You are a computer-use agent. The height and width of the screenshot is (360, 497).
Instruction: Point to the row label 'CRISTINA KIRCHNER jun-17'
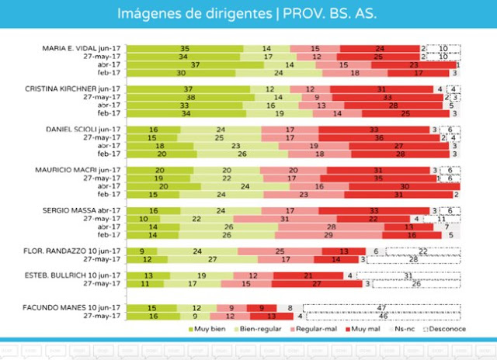(x=77, y=89)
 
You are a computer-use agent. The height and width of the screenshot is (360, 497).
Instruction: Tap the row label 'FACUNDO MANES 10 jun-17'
(x=78, y=307)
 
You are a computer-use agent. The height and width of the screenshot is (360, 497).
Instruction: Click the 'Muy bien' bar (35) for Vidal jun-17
(x=185, y=49)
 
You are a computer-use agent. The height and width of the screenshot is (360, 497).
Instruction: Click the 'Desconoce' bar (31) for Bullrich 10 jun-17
(x=408, y=275)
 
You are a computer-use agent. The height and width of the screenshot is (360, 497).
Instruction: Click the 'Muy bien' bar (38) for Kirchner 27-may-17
(x=189, y=97)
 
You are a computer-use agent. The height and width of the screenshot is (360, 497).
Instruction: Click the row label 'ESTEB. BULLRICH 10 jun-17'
(x=78, y=275)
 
